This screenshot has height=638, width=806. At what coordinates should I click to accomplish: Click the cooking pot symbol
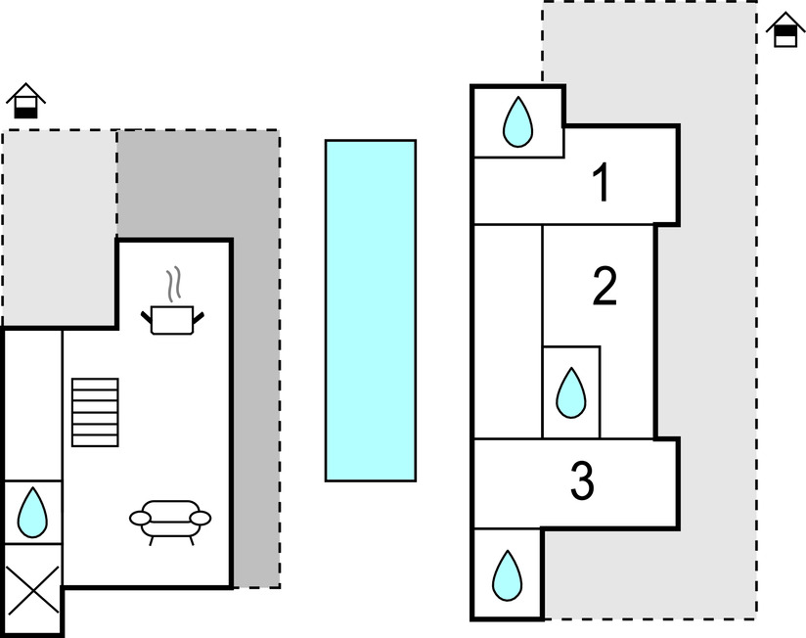pos(175,319)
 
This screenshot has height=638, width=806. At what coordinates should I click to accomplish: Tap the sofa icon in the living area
pos(170,520)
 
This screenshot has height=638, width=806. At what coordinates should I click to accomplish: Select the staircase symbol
pos(95,412)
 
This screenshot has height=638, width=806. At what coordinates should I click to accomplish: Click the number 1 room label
pos(603,183)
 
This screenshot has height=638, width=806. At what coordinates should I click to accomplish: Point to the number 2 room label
pos(605,287)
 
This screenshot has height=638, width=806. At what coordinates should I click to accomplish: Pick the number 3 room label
pos(582,480)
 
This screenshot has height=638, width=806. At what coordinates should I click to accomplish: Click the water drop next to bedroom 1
pos(516,122)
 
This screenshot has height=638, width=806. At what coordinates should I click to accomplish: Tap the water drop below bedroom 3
pos(506,575)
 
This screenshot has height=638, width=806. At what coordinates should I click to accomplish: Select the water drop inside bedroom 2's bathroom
pos(570,392)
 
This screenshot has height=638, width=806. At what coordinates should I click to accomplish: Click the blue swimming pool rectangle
pos(371,310)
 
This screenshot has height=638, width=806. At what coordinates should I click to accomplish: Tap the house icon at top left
pos(26,100)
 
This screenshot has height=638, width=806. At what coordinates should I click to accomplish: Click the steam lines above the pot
pos(174,284)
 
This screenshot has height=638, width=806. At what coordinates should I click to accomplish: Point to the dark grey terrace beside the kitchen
pos(256,391)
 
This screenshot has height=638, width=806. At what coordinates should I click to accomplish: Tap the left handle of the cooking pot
pos(148,315)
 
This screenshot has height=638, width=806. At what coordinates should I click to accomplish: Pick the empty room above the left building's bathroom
pos(32,403)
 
